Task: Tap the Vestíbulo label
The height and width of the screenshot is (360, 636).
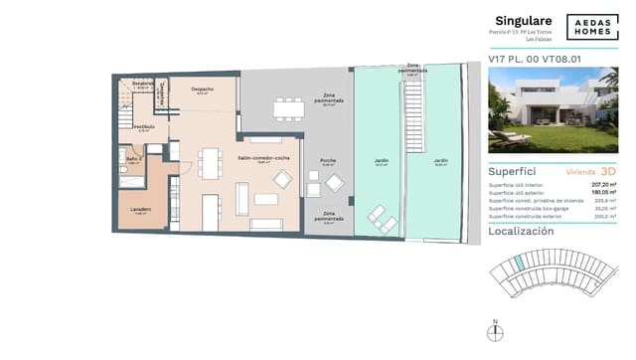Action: click(x=144, y=126)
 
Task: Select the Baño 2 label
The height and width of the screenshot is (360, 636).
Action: click(x=132, y=158)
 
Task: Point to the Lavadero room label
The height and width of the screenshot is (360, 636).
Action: click(x=141, y=209)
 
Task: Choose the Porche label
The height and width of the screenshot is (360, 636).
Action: click(x=327, y=162)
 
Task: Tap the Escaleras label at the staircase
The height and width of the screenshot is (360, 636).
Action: click(x=145, y=83)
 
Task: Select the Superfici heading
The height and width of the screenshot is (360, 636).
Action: click(x=512, y=171)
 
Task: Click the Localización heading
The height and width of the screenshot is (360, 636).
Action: click(x=521, y=231)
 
